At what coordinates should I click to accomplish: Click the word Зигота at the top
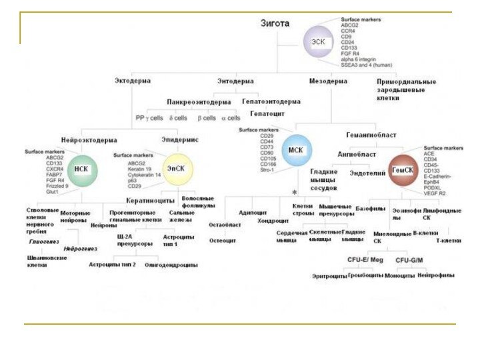[x=275, y=23]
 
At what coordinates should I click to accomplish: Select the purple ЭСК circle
[x=318, y=41]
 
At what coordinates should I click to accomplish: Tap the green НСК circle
[x=81, y=169]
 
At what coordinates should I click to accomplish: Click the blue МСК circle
[x=295, y=150]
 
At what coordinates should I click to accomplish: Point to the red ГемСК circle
[x=403, y=170]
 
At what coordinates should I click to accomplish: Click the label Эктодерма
[x=133, y=81]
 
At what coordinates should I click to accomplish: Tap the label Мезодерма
[x=328, y=81]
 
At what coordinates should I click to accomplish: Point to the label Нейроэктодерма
[x=89, y=140]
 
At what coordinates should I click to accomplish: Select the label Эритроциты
[x=329, y=275]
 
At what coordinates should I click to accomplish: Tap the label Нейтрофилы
[x=436, y=275]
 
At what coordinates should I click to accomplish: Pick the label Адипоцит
[x=253, y=212]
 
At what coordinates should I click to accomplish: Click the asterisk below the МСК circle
[x=294, y=192]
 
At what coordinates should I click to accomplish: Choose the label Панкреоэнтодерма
[x=199, y=101]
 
